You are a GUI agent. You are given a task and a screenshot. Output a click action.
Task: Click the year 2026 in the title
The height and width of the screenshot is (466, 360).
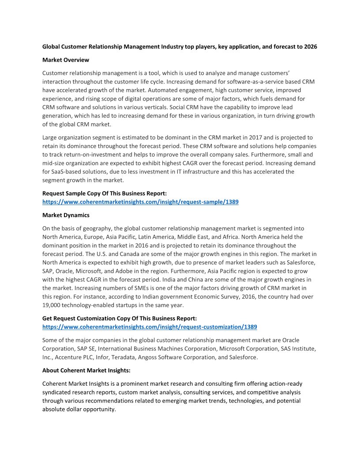click(310, 46)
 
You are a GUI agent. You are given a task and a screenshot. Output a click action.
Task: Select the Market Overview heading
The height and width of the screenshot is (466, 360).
click(66, 60)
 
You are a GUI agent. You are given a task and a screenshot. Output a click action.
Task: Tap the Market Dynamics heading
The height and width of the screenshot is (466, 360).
click(66, 215)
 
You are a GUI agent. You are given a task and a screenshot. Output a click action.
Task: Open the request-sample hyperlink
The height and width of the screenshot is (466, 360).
click(140, 202)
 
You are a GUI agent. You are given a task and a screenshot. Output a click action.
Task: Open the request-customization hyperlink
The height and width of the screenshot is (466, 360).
click(150, 327)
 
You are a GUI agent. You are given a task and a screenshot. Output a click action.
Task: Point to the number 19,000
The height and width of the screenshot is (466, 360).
click(52, 305)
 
